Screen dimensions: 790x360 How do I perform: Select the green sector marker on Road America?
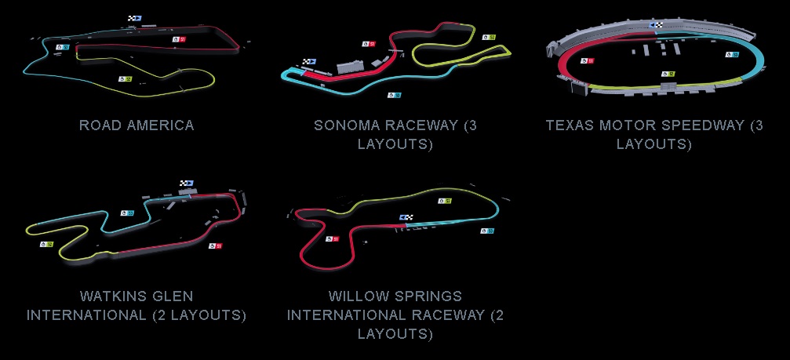125,79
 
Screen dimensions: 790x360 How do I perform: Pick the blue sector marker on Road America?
62,47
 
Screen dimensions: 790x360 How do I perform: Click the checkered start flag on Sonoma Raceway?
309,62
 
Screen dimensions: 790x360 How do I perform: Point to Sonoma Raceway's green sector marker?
489,38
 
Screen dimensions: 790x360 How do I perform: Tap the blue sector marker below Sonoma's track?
395,95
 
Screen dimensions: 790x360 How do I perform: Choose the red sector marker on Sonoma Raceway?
369,44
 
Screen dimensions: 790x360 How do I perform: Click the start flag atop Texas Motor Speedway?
656,24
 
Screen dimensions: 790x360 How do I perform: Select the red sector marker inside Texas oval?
587,61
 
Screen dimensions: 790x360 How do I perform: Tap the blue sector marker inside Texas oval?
732,54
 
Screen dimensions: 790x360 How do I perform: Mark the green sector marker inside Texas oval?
668,74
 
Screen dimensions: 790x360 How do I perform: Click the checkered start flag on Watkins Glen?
187,184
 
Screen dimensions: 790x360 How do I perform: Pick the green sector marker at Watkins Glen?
46,245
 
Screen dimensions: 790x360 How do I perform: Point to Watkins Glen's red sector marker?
216,246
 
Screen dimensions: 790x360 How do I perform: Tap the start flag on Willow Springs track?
406,217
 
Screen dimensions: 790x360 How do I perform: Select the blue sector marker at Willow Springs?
487,231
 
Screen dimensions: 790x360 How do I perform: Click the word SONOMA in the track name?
346,125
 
